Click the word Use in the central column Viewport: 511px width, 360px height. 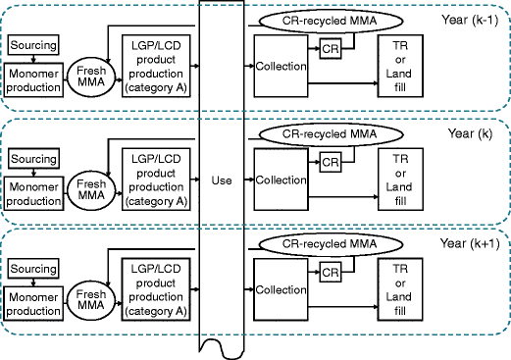point(221,180)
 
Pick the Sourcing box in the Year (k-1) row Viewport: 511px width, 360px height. point(32,46)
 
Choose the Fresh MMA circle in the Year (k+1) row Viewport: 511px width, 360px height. point(91,298)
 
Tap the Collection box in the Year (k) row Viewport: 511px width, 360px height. point(281,180)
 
